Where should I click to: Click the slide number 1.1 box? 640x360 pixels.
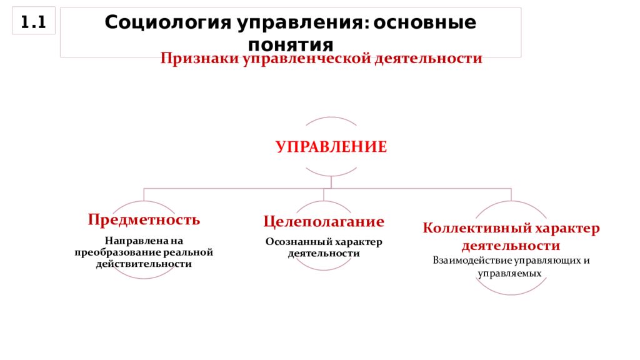click(x=34, y=21)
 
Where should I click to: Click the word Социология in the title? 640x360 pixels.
click(x=167, y=23)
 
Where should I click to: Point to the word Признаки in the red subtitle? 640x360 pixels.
click(x=199, y=58)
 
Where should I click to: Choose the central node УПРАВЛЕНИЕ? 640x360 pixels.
click(x=331, y=146)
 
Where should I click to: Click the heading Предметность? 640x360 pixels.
click(x=144, y=219)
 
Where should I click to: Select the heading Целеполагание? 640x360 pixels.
click(x=324, y=222)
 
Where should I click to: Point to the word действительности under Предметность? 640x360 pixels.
click(x=144, y=264)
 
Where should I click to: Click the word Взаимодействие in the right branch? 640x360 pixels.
click(x=472, y=261)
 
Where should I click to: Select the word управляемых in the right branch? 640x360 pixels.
click(x=510, y=274)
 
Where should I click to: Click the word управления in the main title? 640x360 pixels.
click(x=299, y=23)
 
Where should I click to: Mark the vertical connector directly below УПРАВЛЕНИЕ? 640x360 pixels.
click(x=331, y=182)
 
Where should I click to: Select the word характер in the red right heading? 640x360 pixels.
click(x=567, y=228)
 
